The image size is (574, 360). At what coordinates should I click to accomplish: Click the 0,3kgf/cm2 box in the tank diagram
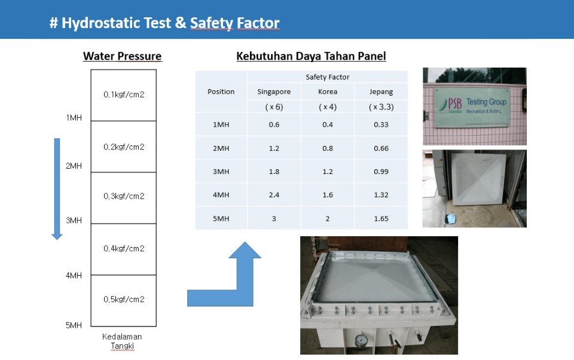(x=124, y=198)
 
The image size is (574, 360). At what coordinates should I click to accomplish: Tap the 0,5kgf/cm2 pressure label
(x=124, y=299)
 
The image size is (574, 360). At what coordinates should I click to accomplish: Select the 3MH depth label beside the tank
(x=74, y=221)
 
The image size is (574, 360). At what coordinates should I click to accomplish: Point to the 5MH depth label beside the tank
(x=74, y=325)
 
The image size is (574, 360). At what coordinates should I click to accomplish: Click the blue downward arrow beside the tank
(x=57, y=189)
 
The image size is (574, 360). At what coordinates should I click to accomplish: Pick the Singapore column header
(x=274, y=91)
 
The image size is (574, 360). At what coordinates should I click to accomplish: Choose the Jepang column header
(x=381, y=91)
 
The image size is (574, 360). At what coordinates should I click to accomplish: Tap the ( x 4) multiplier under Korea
(x=328, y=107)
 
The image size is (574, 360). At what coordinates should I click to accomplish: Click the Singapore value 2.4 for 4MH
(x=274, y=195)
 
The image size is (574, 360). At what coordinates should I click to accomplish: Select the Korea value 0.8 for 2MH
(x=328, y=148)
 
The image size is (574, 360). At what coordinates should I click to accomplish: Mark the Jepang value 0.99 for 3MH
(x=381, y=172)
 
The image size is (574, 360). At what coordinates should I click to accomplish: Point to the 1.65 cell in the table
(x=381, y=219)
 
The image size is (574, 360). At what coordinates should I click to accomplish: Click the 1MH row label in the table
(x=221, y=124)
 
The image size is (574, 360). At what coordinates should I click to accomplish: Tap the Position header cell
(x=221, y=91)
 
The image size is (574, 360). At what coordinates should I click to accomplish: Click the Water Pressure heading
(x=122, y=56)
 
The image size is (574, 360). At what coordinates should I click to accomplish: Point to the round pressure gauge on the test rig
(x=361, y=340)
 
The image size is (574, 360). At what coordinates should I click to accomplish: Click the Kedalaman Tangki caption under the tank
(x=122, y=341)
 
